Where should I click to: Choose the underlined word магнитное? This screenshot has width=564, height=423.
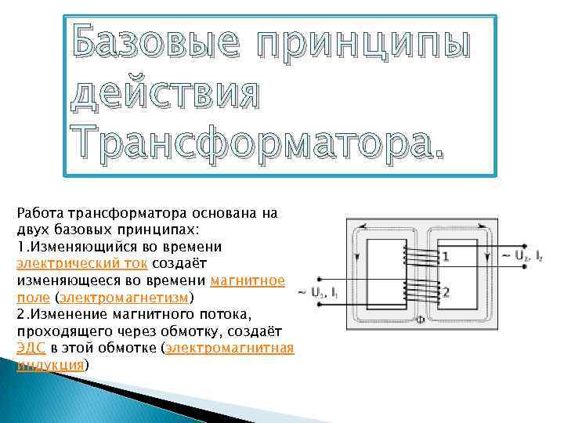coord(248,280)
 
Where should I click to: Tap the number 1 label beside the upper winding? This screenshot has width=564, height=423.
coord(445,256)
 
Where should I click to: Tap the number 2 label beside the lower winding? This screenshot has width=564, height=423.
coord(445,293)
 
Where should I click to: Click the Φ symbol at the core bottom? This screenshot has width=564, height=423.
coord(420,320)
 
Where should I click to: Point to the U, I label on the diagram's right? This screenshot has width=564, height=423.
coord(518,256)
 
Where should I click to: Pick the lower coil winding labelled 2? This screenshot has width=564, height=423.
coord(419,291)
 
